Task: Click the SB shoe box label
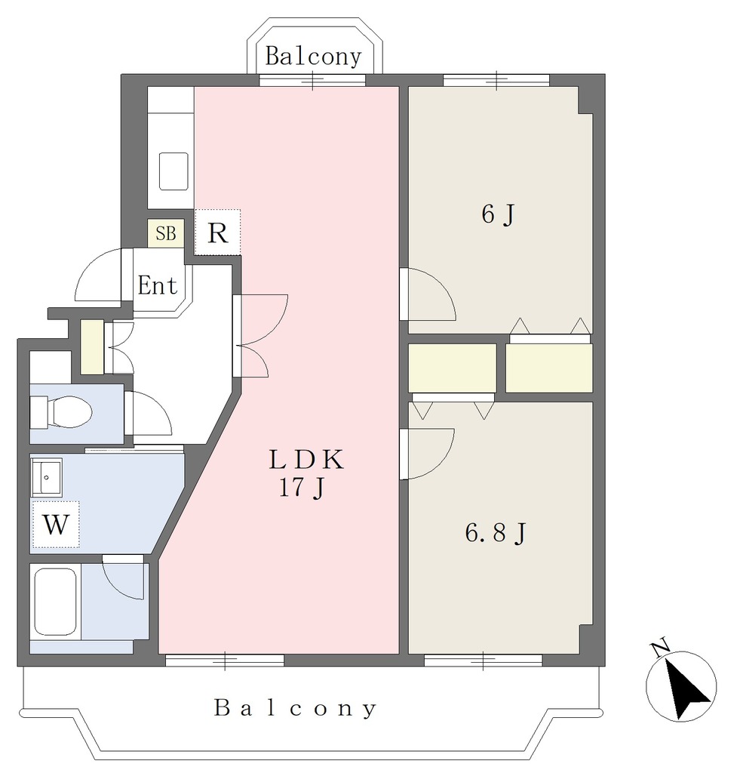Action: (x=166, y=233)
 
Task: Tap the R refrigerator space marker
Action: (x=218, y=233)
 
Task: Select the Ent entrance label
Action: (x=157, y=285)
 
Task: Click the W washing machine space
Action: (x=55, y=525)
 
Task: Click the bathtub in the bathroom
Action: (x=54, y=602)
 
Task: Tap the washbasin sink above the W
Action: (x=47, y=477)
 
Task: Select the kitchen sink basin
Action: (x=173, y=171)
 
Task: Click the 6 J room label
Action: (x=498, y=214)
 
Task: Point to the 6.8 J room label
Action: (x=496, y=534)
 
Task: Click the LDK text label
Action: (x=306, y=460)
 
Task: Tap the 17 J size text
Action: (x=302, y=488)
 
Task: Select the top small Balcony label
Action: (x=313, y=56)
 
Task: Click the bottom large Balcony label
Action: (x=296, y=708)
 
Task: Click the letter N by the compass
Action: (x=660, y=648)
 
